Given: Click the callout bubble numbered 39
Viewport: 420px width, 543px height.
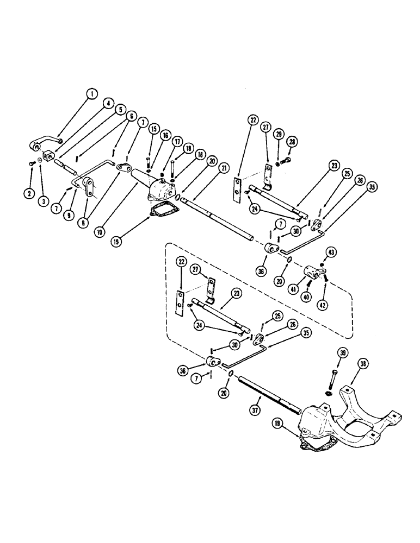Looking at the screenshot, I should (x=327, y=353).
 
